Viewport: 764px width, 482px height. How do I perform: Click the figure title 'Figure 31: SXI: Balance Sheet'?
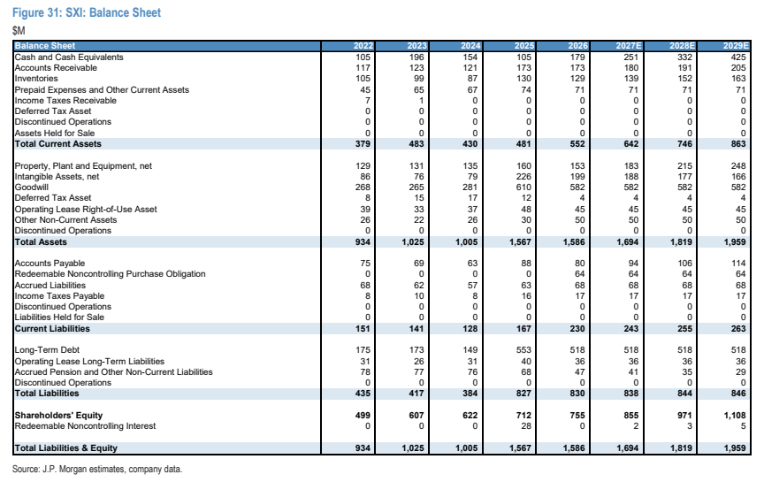[x=87, y=12]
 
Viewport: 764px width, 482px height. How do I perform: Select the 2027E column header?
[x=629, y=46]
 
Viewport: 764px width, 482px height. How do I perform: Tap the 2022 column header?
[x=363, y=46]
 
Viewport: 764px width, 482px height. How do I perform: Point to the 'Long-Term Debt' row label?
[x=47, y=350]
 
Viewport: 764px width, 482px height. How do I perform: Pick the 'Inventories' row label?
[x=36, y=79]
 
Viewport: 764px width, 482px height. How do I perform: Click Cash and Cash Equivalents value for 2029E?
[x=738, y=57]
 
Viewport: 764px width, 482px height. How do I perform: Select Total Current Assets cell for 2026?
[x=577, y=144]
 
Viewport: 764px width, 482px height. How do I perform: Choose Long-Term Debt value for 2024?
[x=470, y=350]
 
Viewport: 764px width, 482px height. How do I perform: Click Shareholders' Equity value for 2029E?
[x=735, y=416]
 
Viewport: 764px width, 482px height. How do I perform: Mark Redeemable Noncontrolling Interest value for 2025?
[x=526, y=426]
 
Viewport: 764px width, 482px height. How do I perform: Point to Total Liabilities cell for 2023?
[x=416, y=394]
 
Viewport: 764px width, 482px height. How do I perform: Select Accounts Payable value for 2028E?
[x=684, y=264]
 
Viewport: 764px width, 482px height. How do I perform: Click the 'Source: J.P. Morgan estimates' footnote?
[x=97, y=469]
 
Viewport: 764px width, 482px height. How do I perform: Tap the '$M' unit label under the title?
[x=19, y=31]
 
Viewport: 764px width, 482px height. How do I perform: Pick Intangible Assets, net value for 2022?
[x=365, y=176]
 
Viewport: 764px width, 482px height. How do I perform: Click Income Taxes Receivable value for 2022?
[x=368, y=101]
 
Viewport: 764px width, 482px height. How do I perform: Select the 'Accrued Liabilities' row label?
[x=50, y=285]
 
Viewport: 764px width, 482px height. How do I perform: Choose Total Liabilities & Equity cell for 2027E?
[x=628, y=448]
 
